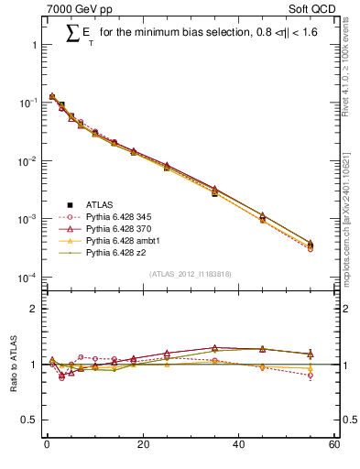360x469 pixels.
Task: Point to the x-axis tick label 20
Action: coord(142,445)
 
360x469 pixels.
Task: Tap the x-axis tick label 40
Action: coord(238,445)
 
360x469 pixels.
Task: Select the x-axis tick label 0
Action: coord(47,445)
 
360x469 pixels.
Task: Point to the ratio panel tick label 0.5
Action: coord(29,420)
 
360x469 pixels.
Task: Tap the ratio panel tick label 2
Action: coord(35,309)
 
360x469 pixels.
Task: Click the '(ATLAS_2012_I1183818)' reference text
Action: coord(190,274)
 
